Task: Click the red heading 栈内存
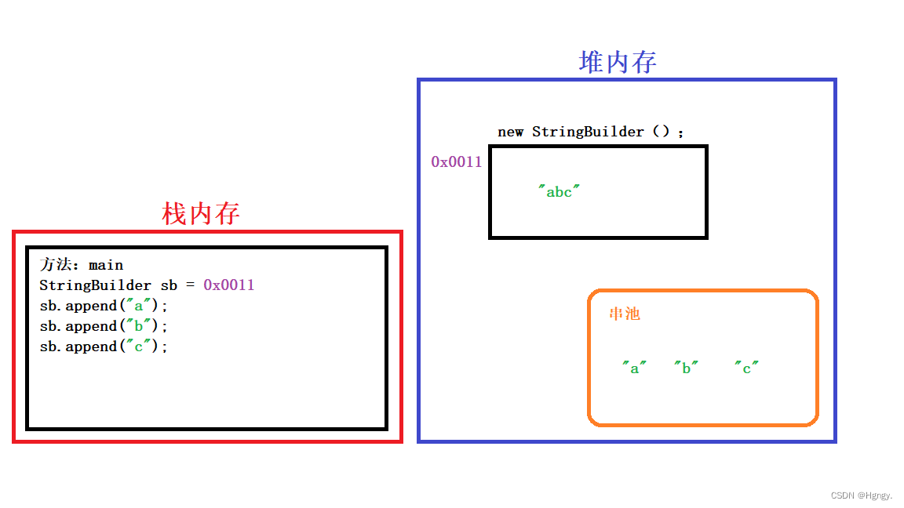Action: pos(201,213)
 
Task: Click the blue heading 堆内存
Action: pos(618,63)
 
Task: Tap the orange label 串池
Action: pos(625,314)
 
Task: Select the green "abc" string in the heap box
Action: pos(559,191)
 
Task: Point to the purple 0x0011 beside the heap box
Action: pos(456,162)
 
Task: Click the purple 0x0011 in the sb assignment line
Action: pos(229,285)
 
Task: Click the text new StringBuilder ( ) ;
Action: pos(591,132)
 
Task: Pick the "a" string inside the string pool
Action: pos(634,368)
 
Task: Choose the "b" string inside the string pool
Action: pos(686,368)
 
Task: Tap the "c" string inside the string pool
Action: pos(747,368)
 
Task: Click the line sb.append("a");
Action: pos(104,306)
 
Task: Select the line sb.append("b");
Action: pos(104,326)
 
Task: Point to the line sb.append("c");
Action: pos(104,347)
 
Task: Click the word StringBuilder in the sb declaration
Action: pos(95,285)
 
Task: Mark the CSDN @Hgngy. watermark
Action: pos(861,495)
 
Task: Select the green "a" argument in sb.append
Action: pos(139,306)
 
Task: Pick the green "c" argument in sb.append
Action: pos(139,347)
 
